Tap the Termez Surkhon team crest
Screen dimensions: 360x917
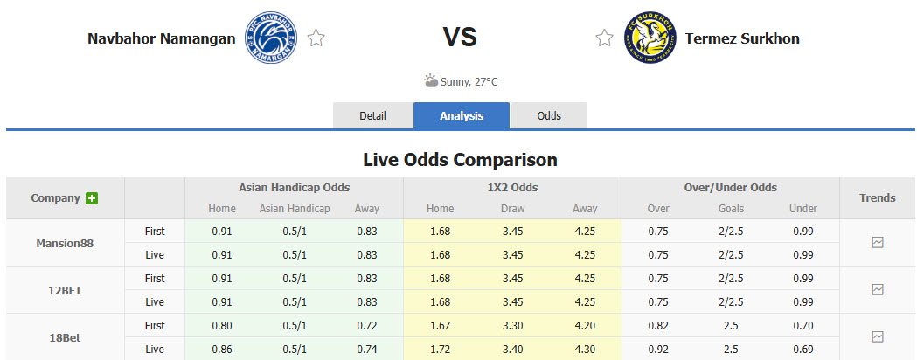[650, 38]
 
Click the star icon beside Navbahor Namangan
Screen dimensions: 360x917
[316, 38]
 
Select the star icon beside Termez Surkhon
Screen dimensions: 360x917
[604, 38]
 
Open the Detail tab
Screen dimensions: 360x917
[372, 115]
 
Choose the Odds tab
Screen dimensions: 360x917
[549, 115]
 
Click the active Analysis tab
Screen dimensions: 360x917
[461, 115]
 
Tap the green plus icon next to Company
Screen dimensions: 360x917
[91, 198]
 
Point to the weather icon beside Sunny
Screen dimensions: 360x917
[431, 81]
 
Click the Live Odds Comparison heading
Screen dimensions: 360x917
[460, 160]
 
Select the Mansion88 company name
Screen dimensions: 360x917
[66, 242]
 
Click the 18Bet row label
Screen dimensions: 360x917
[66, 336]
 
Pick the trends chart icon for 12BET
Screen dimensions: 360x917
[878, 289]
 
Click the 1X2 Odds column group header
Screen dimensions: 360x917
[511, 187]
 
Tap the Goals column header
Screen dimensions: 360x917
[730, 209]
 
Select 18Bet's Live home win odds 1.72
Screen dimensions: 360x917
[440, 348]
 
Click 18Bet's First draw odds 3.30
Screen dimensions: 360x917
[511, 325]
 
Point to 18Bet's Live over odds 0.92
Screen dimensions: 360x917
[658, 348]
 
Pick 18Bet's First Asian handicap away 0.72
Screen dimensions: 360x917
[367, 325]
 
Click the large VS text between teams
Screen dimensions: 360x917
[460, 37]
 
